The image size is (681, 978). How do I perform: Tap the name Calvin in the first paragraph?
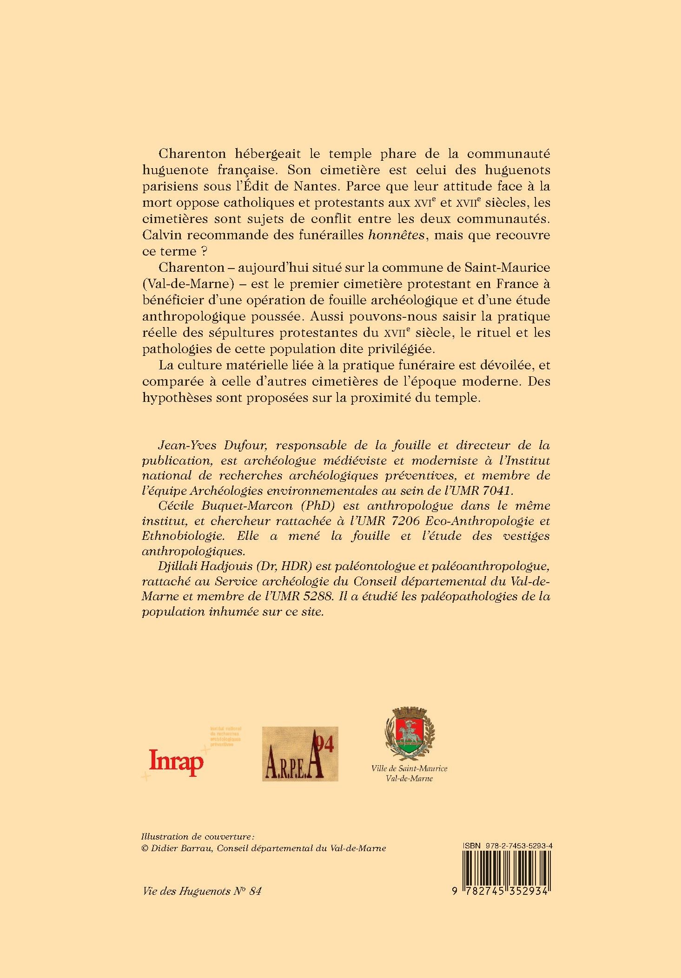(x=159, y=235)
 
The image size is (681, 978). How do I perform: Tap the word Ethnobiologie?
(x=183, y=536)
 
